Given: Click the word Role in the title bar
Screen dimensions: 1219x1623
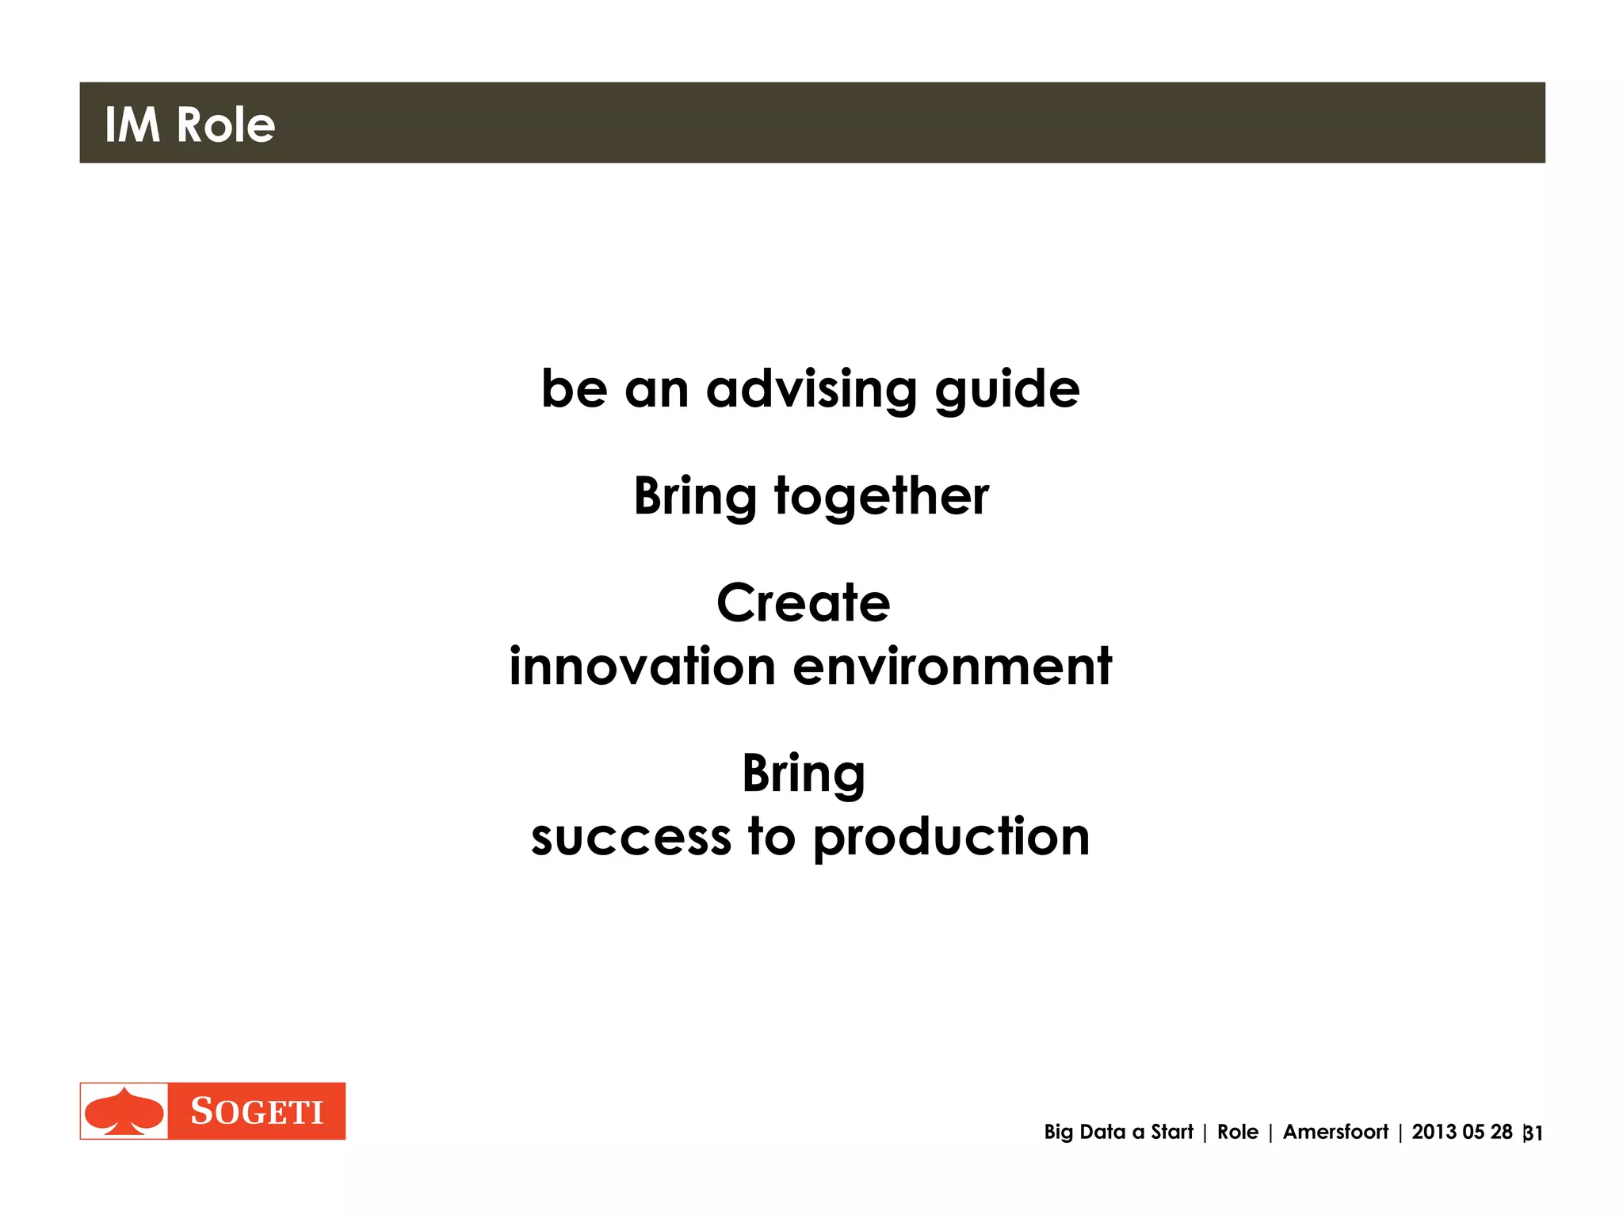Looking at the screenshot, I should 225,125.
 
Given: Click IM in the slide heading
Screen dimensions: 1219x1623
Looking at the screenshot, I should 132,125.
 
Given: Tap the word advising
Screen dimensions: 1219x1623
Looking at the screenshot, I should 811,389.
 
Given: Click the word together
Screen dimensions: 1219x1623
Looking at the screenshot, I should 881,497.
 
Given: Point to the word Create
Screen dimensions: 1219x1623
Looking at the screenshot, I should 803,603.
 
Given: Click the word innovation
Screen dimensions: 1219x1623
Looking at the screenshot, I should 642,666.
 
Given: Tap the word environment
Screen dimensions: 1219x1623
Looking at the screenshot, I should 952,666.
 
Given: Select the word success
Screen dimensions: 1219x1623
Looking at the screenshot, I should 631,838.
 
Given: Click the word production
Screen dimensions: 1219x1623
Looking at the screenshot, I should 951,838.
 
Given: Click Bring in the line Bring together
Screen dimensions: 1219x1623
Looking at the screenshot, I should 695,497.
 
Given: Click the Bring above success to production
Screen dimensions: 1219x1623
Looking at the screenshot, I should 803,774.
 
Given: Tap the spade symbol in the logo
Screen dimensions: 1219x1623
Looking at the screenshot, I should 124,1111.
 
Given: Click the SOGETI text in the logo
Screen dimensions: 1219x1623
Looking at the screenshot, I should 257,1111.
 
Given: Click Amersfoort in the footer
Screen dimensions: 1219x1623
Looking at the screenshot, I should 1335,1132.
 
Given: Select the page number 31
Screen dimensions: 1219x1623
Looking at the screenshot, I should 1533,1133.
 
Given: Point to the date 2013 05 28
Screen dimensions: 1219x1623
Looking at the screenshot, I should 1461,1132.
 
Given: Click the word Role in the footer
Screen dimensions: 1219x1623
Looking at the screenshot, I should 1237,1132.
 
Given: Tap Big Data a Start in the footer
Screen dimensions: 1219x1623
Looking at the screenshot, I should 1117,1132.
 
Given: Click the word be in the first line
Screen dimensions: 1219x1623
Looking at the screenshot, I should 574,389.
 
